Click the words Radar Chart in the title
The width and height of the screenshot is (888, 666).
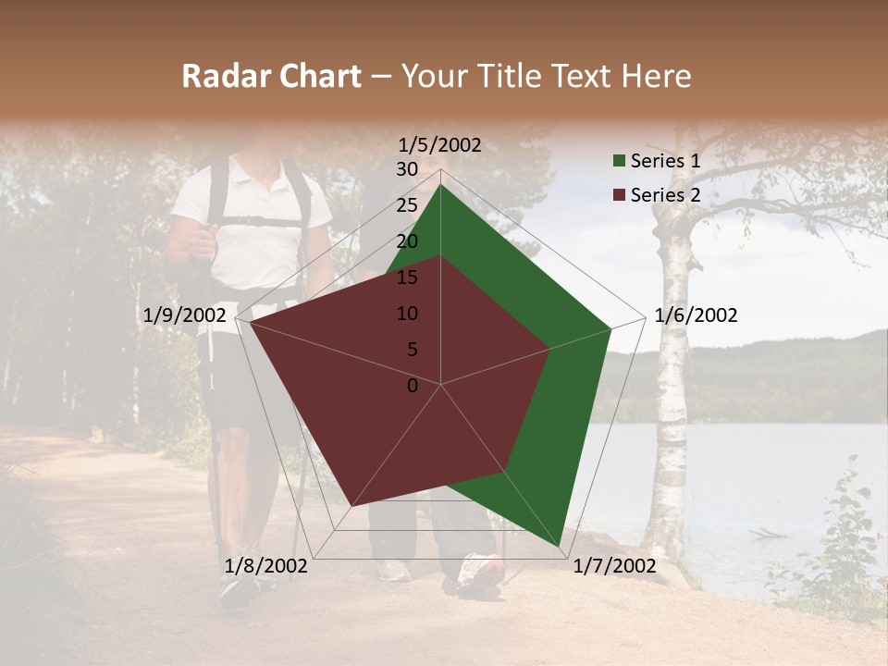271,76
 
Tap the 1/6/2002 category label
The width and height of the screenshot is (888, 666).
696,315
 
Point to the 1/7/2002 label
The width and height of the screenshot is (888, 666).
614,566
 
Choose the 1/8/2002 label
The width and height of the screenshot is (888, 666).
266,566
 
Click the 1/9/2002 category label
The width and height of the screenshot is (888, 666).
185,315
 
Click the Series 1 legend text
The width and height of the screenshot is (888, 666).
665,161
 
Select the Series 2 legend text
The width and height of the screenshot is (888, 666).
665,194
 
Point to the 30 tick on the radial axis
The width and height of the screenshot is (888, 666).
407,169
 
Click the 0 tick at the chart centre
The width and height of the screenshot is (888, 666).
413,385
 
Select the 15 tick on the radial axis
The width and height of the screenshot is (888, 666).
407,277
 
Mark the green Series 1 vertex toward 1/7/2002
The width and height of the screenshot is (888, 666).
559,546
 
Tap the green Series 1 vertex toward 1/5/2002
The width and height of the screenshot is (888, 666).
440,184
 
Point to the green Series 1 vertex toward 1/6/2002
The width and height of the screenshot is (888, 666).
610,328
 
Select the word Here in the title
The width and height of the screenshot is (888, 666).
657,76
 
